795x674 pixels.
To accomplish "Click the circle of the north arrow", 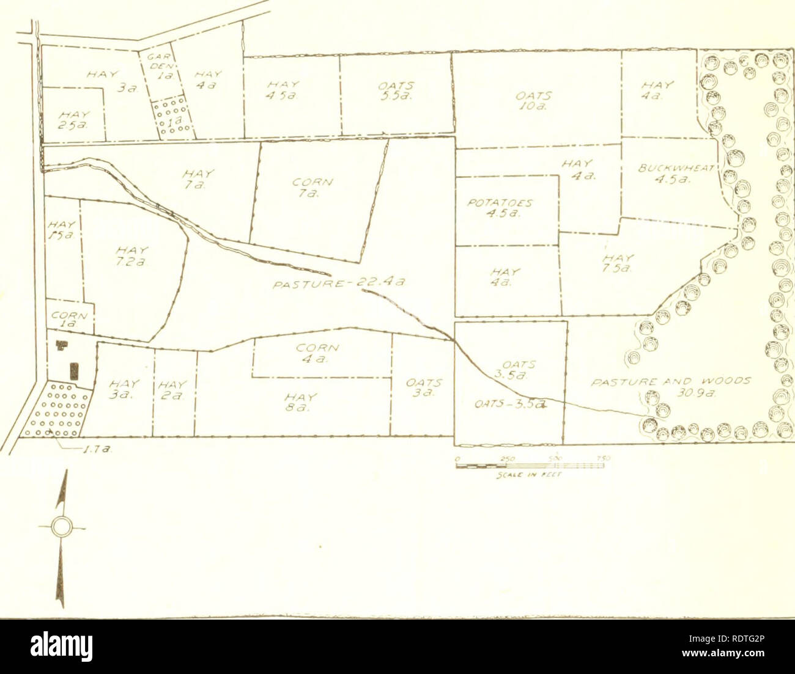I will (x=61, y=527).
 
